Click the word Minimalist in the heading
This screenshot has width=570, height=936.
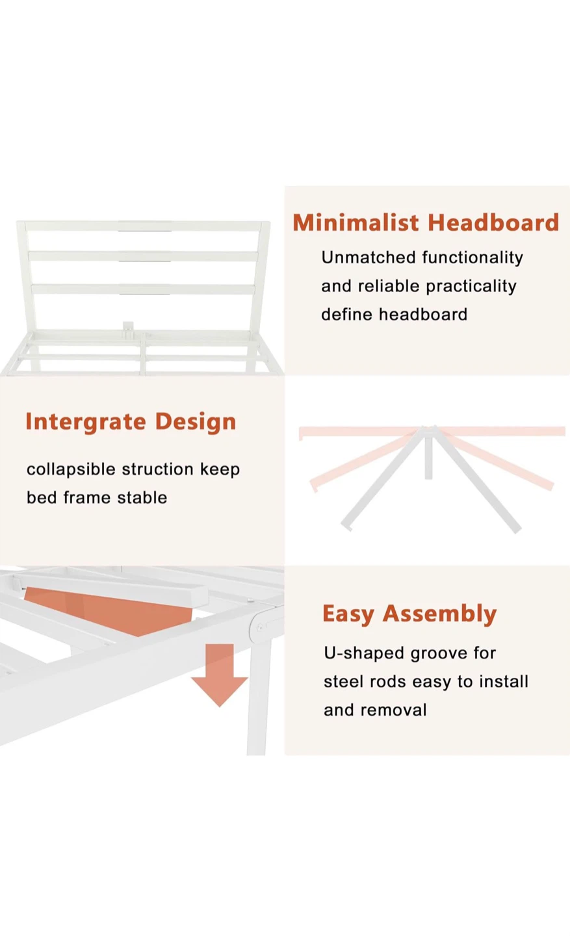tap(356, 222)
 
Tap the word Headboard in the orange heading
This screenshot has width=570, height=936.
tap(493, 222)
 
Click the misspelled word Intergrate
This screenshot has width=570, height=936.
tap(86, 422)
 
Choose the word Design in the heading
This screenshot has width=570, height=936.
tap(196, 421)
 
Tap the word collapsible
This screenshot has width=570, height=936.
tap(71, 470)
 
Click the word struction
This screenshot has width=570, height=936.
tap(157, 469)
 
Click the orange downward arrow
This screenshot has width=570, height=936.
tap(220, 675)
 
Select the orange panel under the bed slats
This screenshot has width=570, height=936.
tap(108, 611)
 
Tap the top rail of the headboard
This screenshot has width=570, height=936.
tap(144, 226)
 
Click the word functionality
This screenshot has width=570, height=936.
tap(473, 258)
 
